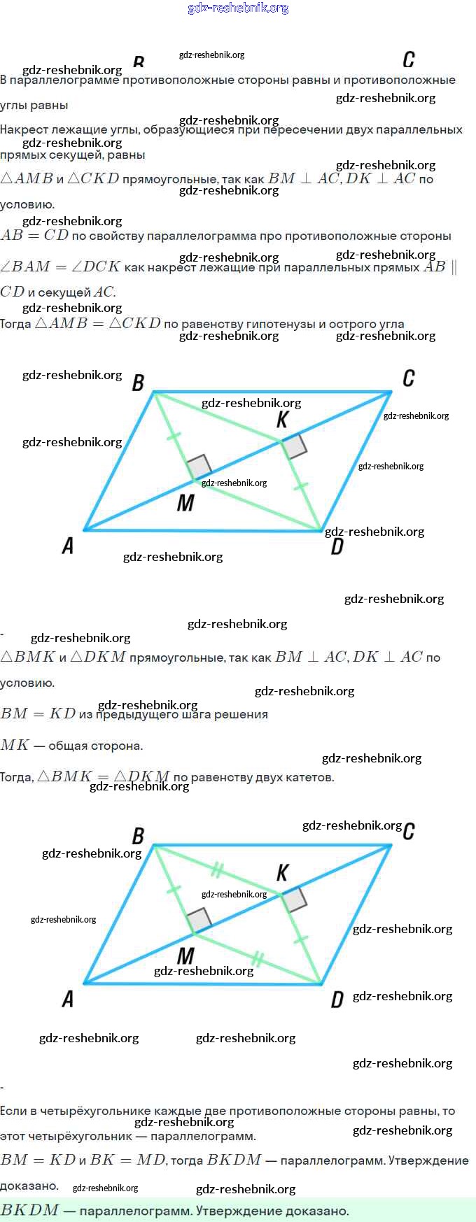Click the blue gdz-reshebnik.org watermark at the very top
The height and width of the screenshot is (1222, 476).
click(238, 8)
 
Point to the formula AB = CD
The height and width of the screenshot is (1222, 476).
click(34, 236)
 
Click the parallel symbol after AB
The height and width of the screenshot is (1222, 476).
click(454, 267)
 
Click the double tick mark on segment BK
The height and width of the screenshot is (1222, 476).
click(217, 871)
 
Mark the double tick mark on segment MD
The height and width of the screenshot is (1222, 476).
click(258, 958)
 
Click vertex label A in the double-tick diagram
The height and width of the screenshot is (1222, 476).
click(68, 999)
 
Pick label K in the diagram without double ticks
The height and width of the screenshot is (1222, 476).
click(283, 420)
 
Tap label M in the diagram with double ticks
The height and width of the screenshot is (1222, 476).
click(185, 955)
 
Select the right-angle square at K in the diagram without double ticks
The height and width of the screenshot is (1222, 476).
click(294, 446)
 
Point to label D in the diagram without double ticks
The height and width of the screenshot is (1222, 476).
click(337, 546)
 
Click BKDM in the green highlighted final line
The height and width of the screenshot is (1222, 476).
click(29, 1211)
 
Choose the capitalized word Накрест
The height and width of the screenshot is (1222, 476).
click(23, 129)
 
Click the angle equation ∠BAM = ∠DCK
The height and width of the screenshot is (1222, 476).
click(60, 267)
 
